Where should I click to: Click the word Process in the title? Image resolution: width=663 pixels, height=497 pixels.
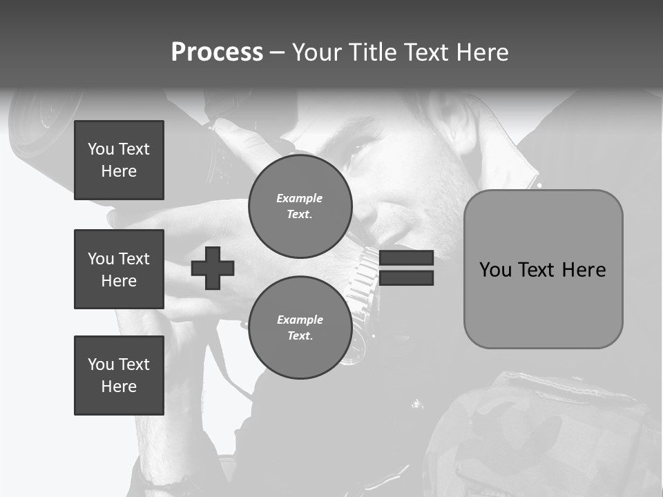click(x=217, y=52)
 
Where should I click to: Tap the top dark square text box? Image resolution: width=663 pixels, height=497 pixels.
click(x=119, y=160)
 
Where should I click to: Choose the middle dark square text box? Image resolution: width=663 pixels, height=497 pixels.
click(x=119, y=269)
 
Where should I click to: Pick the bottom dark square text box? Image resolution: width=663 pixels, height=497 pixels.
click(x=119, y=376)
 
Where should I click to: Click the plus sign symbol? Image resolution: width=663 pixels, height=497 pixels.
click(x=213, y=268)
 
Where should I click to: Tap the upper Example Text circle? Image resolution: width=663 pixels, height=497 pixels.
click(x=300, y=206)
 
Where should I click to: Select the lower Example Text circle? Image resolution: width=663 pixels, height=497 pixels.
click(x=300, y=328)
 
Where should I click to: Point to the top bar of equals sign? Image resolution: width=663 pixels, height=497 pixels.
click(x=406, y=257)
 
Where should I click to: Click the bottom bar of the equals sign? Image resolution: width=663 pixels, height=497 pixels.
click(x=406, y=278)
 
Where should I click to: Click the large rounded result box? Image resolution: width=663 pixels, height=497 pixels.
click(x=543, y=269)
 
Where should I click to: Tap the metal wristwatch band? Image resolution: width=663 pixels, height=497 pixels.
click(x=363, y=276)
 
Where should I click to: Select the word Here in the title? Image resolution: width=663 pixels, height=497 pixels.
click(x=483, y=52)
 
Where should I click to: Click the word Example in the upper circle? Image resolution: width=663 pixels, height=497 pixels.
click(x=299, y=198)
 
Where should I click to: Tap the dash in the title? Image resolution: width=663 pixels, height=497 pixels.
click(x=277, y=52)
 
